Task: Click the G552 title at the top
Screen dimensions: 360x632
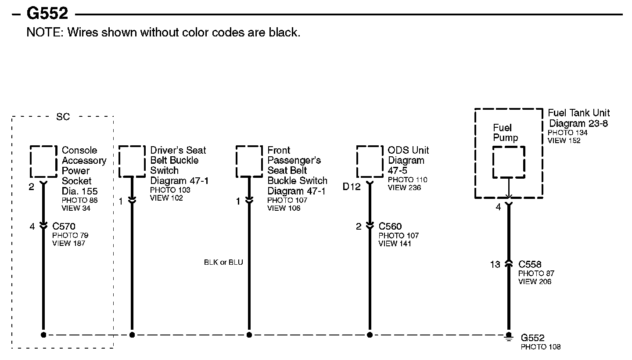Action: click(x=47, y=14)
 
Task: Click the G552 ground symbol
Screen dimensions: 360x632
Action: click(x=509, y=336)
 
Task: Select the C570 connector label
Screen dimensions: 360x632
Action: click(x=64, y=227)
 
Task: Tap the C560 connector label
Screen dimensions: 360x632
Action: click(x=390, y=227)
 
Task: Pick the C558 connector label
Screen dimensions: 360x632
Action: click(x=530, y=265)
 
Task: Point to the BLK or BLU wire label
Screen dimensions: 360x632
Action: click(x=223, y=263)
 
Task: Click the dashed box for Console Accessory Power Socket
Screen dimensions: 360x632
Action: click(x=43, y=162)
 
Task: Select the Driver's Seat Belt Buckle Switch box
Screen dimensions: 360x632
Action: click(x=132, y=162)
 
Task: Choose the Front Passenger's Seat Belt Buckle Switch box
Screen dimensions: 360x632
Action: click(x=249, y=162)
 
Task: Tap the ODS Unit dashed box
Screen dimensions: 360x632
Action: click(x=370, y=162)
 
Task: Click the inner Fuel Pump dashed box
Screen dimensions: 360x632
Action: click(x=509, y=162)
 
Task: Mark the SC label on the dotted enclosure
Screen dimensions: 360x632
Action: click(x=63, y=117)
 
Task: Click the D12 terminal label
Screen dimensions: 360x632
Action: click(x=352, y=187)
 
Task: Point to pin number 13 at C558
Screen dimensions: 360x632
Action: click(x=495, y=265)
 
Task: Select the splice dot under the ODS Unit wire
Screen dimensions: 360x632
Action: click(x=370, y=335)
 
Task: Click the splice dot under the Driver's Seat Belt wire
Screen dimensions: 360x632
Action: click(x=132, y=335)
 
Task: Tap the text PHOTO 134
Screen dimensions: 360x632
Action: click(x=567, y=133)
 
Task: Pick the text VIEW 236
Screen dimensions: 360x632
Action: click(x=404, y=188)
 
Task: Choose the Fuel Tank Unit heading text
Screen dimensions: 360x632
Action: click(x=579, y=113)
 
